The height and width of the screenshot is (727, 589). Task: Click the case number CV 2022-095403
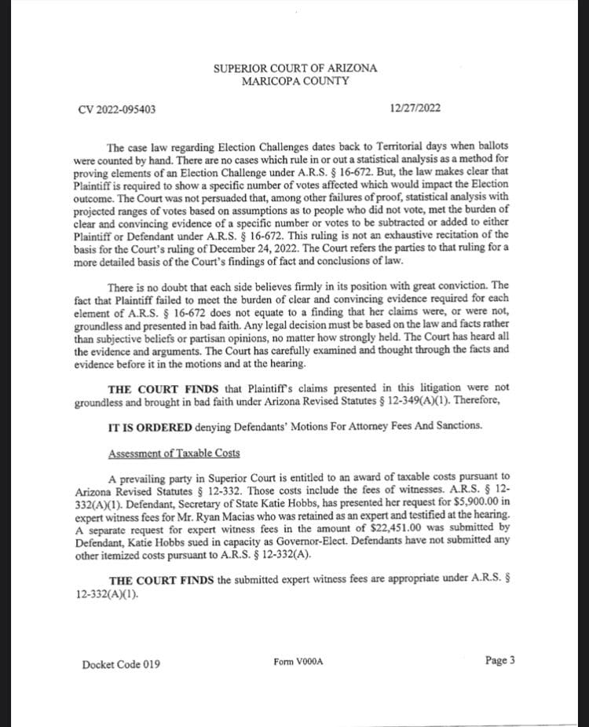(x=117, y=108)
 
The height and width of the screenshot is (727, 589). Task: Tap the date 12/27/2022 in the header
(x=415, y=108)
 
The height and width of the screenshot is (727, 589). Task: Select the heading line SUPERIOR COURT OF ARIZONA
(x=295, y=68)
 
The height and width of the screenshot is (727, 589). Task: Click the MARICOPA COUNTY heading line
(x=295, y=81)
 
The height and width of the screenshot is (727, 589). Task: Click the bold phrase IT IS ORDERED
(x=147, y=426)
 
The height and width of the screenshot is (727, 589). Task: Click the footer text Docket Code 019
(x=121, y=664)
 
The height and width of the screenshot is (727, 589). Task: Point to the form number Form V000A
(x=298, y=662)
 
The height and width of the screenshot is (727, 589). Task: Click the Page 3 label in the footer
(x=500, y=660)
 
